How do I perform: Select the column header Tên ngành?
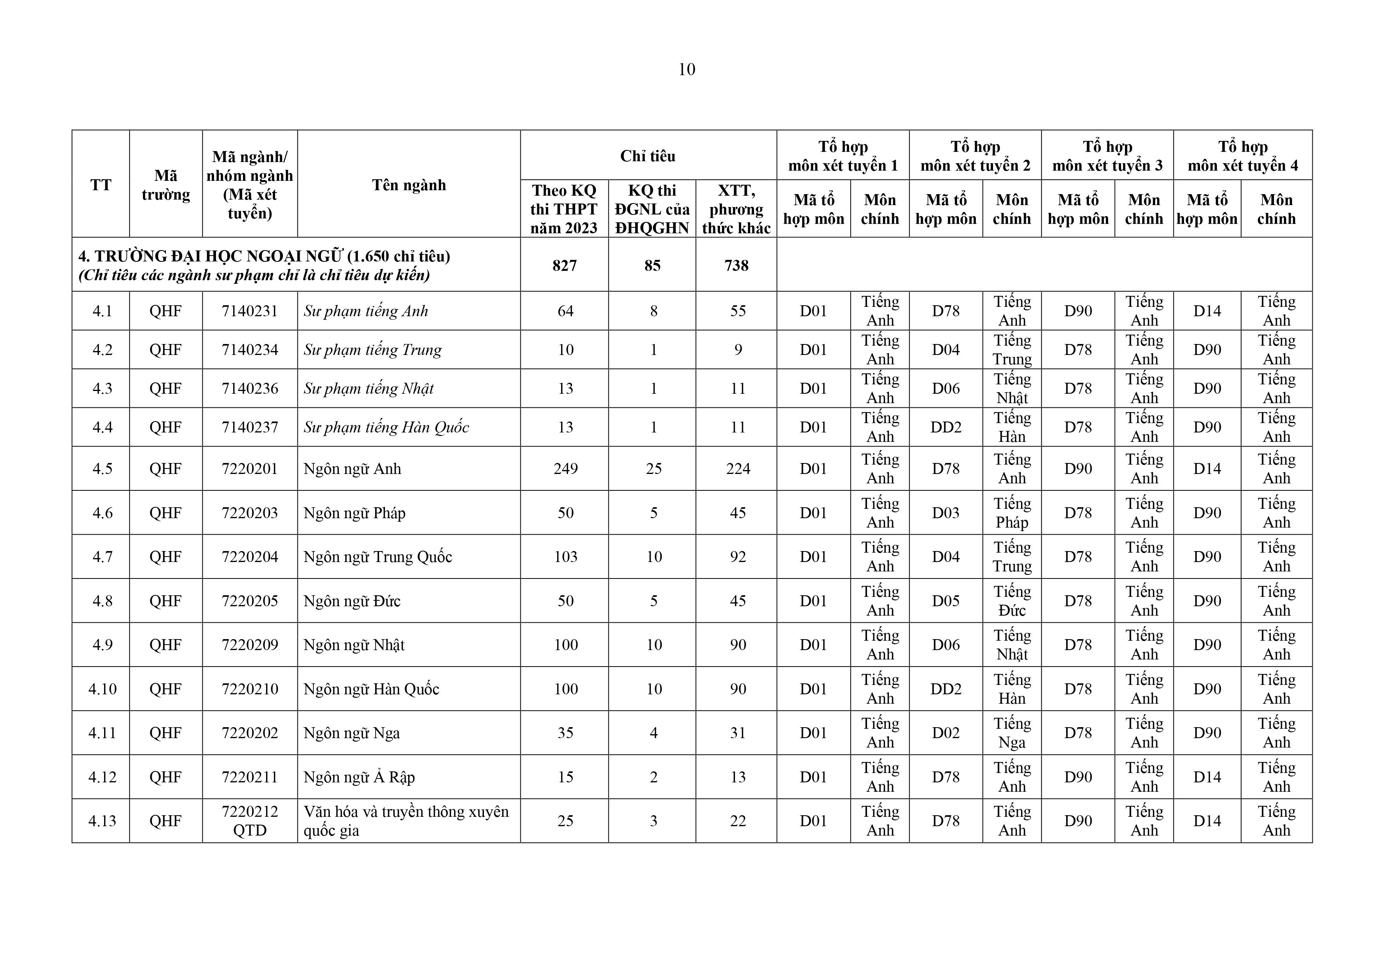tap(408, 185)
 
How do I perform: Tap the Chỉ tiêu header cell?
tap(648, 156)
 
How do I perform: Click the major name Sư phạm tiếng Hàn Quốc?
tap(386, 427)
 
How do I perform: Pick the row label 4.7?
tap(102, 557)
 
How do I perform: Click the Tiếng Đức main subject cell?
tap(1012, 601)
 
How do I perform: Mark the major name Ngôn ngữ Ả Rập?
tap(359, 777)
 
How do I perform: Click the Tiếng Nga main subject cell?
tap(1012, 733)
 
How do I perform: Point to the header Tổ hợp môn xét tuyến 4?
tap(1243, 156)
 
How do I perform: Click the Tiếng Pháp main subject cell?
tap(1012, 513)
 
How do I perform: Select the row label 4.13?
tap(102, 821)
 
